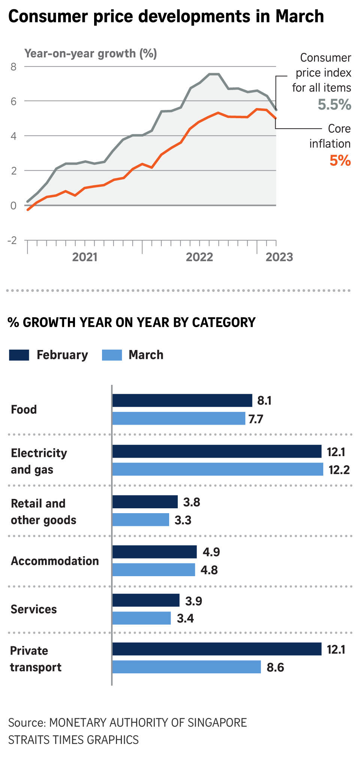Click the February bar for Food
[182, 400]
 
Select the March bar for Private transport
[186, 667]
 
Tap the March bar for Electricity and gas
[217, 469]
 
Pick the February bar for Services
[146, 600]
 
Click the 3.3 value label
[183, 520]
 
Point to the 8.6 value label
[275, 667]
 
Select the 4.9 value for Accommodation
[211, 552]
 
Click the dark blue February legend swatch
[19, 355]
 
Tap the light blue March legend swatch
[112, 355]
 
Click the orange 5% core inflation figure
[340, 161]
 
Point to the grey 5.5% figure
[334, 104]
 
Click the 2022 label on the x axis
[199, 257]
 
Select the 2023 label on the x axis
[279, 257]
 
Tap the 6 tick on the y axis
[13, 101]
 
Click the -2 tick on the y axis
[12, 240]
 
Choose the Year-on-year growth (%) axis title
[90, 54]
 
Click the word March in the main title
[299, 17]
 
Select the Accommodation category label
[55, 561]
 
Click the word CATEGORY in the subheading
[223, 322]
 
